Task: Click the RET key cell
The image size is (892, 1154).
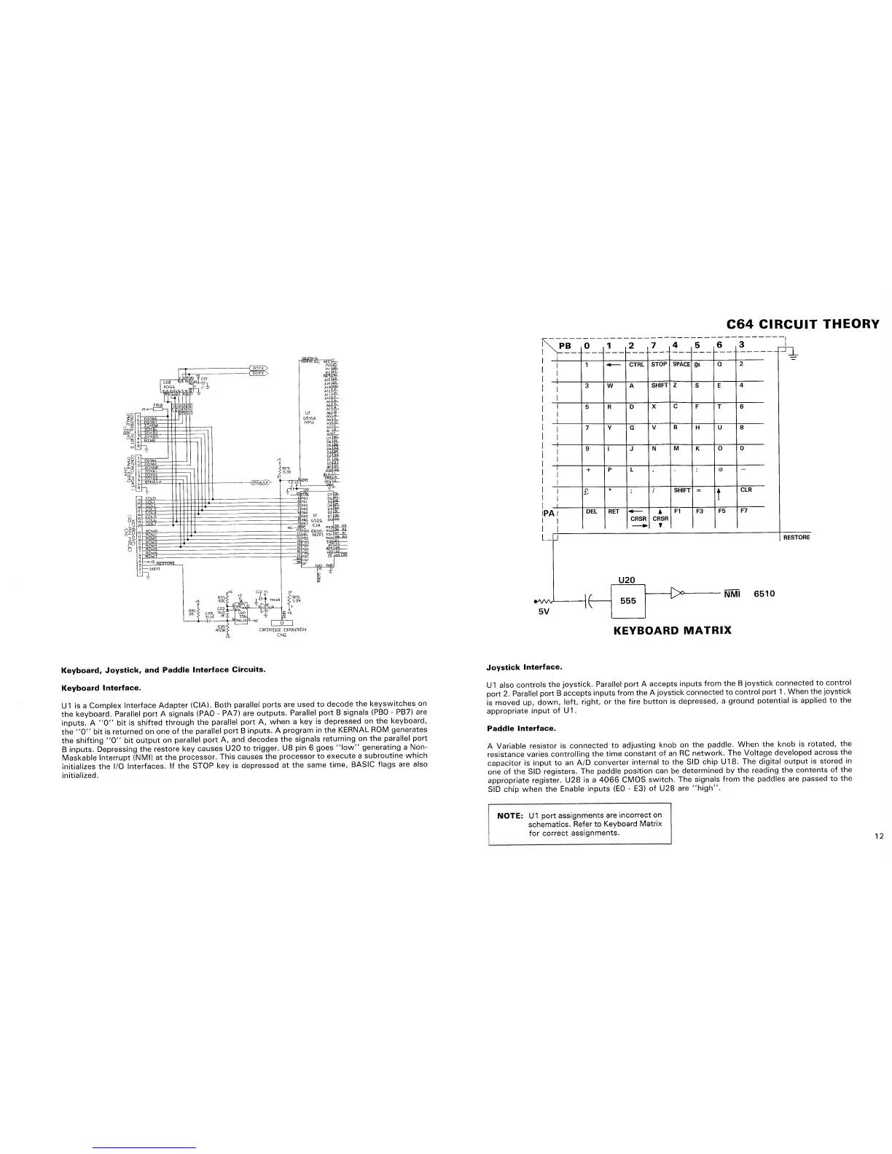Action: pyautogui.click(x=614, y=511)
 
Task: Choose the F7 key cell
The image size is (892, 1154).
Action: pyautogui.click(x=743, y=511)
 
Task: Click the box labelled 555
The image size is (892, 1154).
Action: pyautogui.click(x=629, y=601)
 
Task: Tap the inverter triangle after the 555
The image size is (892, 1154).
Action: pyautogui.click(x=679, y=594)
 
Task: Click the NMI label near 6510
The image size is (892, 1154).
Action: pyautogui.click(x=734, y=594)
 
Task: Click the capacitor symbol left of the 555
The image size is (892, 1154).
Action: pyautogui.click(x=588, y=602)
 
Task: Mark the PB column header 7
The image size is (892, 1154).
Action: pyautogui.click(x=654, y=345)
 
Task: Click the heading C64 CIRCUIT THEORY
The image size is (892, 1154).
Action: pyautogui.click(x=802, y=324)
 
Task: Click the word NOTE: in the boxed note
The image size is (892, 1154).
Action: pyautogui.click(x=509, y=815)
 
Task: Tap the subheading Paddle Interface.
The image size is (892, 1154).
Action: pyautogui.click(x=521, y=728)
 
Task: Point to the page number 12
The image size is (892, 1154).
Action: pyautogui.click(x=879, y=836)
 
